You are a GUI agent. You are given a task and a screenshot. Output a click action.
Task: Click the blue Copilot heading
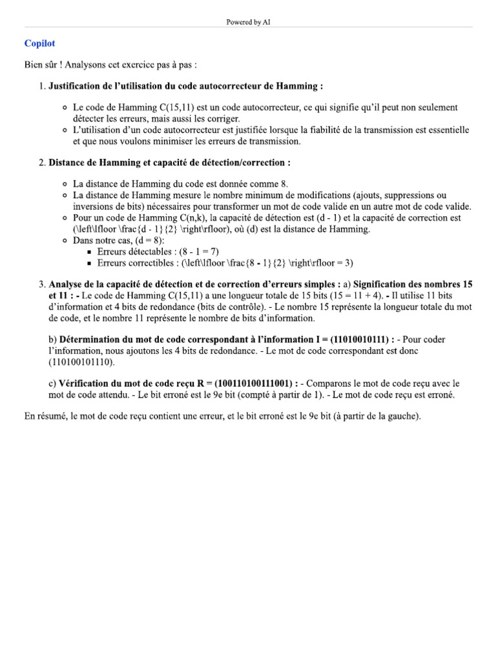pyautogui.click(x=39, y=44)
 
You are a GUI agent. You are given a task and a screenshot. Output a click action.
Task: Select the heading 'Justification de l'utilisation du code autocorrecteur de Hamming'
pyautogui.click(x=185, y=86)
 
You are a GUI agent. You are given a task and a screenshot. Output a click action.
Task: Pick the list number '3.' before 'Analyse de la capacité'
pyautogui.click(x=42, y=284)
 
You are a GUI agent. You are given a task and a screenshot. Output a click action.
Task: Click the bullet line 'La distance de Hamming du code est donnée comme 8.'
pyautogui.click(x=180, y=184)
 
